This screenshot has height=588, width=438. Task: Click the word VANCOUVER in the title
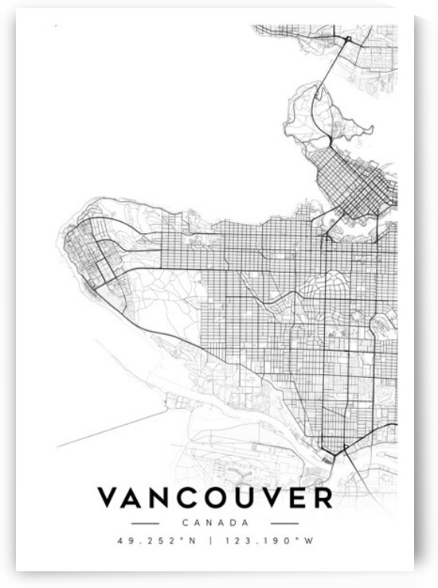coord(214,499)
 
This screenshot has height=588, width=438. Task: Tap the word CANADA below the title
coord(214,523)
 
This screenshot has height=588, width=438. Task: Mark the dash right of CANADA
coord(284,523)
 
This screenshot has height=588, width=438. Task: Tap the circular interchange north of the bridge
coord(347,37)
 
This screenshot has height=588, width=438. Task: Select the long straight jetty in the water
coord(111,430)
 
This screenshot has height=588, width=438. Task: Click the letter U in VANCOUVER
coord(248,499)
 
